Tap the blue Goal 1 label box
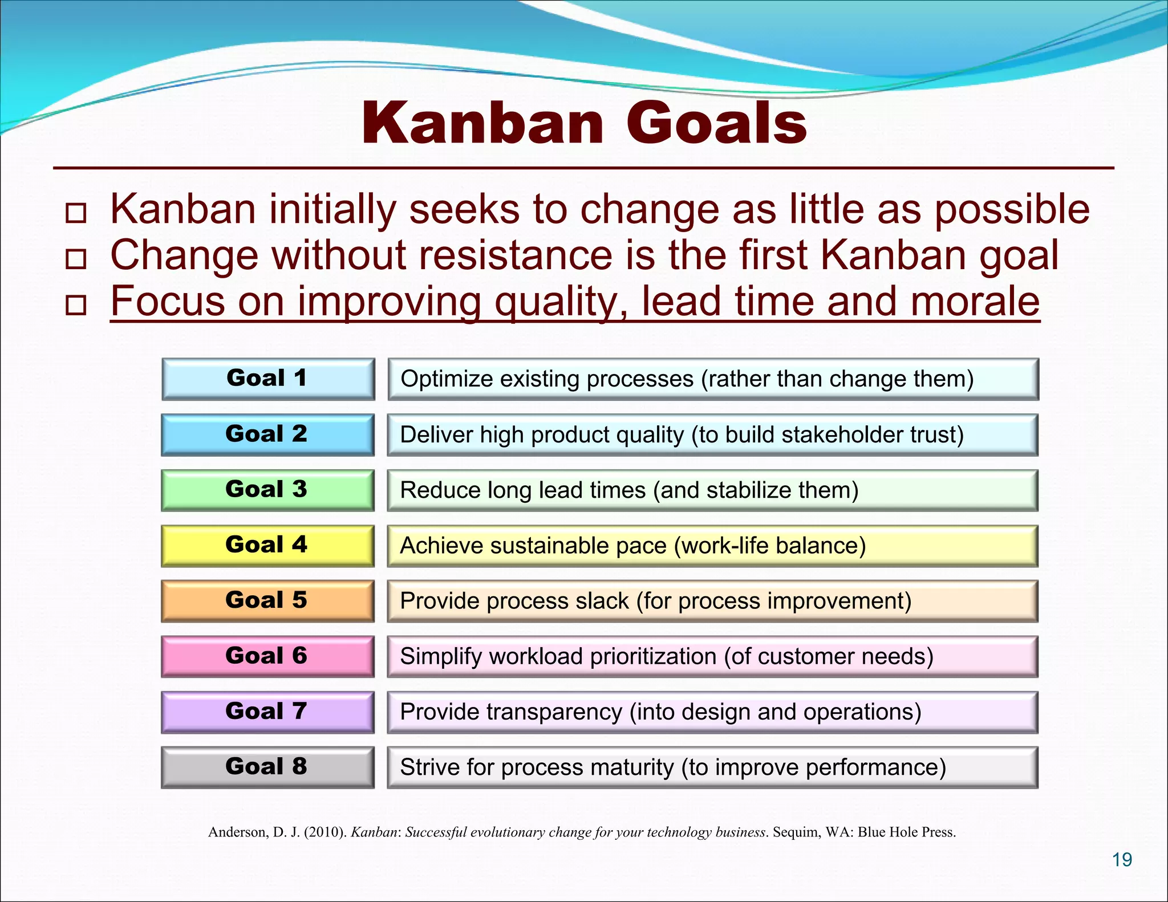tap(267, 379)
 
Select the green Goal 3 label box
tap(267, 490)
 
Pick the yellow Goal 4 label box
tap(267, 545)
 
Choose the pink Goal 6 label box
tap(267, 656)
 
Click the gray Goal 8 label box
tap(267, 767)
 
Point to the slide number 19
tap(1122, 859)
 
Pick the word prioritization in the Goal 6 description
tap(653, 657)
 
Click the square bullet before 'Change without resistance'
tap(76, 259)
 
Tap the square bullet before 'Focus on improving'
tap(76, 305)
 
